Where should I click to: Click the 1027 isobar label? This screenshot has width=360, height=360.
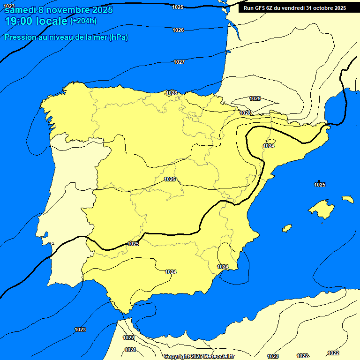click(x=179, y=62)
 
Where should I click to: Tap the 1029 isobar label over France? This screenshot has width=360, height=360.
click(x=255, y=98)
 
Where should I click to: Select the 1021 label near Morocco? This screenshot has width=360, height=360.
click(x=130, y=350)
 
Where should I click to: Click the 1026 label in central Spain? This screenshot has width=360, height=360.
click(x=170, y=180)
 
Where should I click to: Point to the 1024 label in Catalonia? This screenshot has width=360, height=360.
click(x=269, y=146)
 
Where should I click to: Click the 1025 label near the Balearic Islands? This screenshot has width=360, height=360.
click(x=320, y=185)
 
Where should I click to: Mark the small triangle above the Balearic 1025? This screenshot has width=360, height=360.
click(x=319, y=181)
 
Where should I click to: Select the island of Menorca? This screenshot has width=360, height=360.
click(x=347, y=199)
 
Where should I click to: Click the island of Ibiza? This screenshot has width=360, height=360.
click(x=287, y=228)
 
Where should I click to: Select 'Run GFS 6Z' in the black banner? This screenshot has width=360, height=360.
click(x=261, y=7)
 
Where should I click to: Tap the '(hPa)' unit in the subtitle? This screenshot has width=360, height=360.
click(x=118, y=37)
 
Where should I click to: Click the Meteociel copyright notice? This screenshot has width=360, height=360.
click(x=199, y=356)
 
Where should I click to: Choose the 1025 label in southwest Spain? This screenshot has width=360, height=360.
click(x=133, y=244)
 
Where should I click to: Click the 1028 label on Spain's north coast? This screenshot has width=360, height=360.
click(x=172, y=93)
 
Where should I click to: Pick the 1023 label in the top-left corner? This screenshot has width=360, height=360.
click(x=9, y=6)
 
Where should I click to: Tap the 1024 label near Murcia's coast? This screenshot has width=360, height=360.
click(x=223, y=267)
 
